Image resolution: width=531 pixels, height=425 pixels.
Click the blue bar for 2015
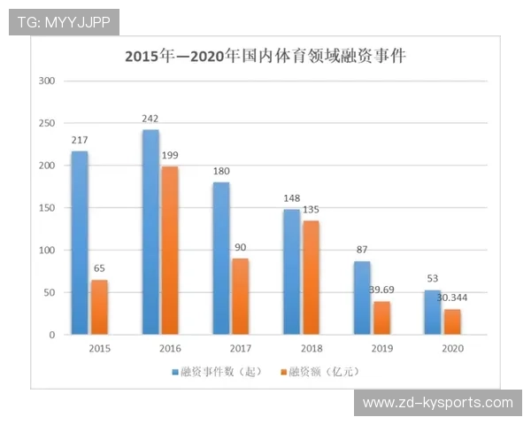pyautogui.click(x=80, y=243)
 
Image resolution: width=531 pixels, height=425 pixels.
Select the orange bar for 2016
pyautogui.click(x=169, y=251)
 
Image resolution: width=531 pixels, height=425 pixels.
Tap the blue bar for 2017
pyautogui.click(x=221, y=259)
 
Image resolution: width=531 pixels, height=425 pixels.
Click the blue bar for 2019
pyautogui.click(x=362, y=297)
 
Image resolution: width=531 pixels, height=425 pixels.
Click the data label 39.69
pyautogui.click(x=382, y=290)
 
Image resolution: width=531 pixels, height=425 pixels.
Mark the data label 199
pyautogui.click(x=170, y=155)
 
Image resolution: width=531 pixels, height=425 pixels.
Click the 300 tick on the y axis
pyautogui.click(x=47, y=81)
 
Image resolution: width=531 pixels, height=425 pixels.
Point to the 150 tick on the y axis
pyautogui.click(x=47, y=208)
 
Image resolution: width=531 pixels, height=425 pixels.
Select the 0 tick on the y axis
pyautogui.click(x=52, y=335)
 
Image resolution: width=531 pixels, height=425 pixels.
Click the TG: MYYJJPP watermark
pyautogui.click(x=64, y=21)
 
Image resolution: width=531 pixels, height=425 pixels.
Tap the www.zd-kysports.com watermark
pyautogui.click(x=437, y=403)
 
